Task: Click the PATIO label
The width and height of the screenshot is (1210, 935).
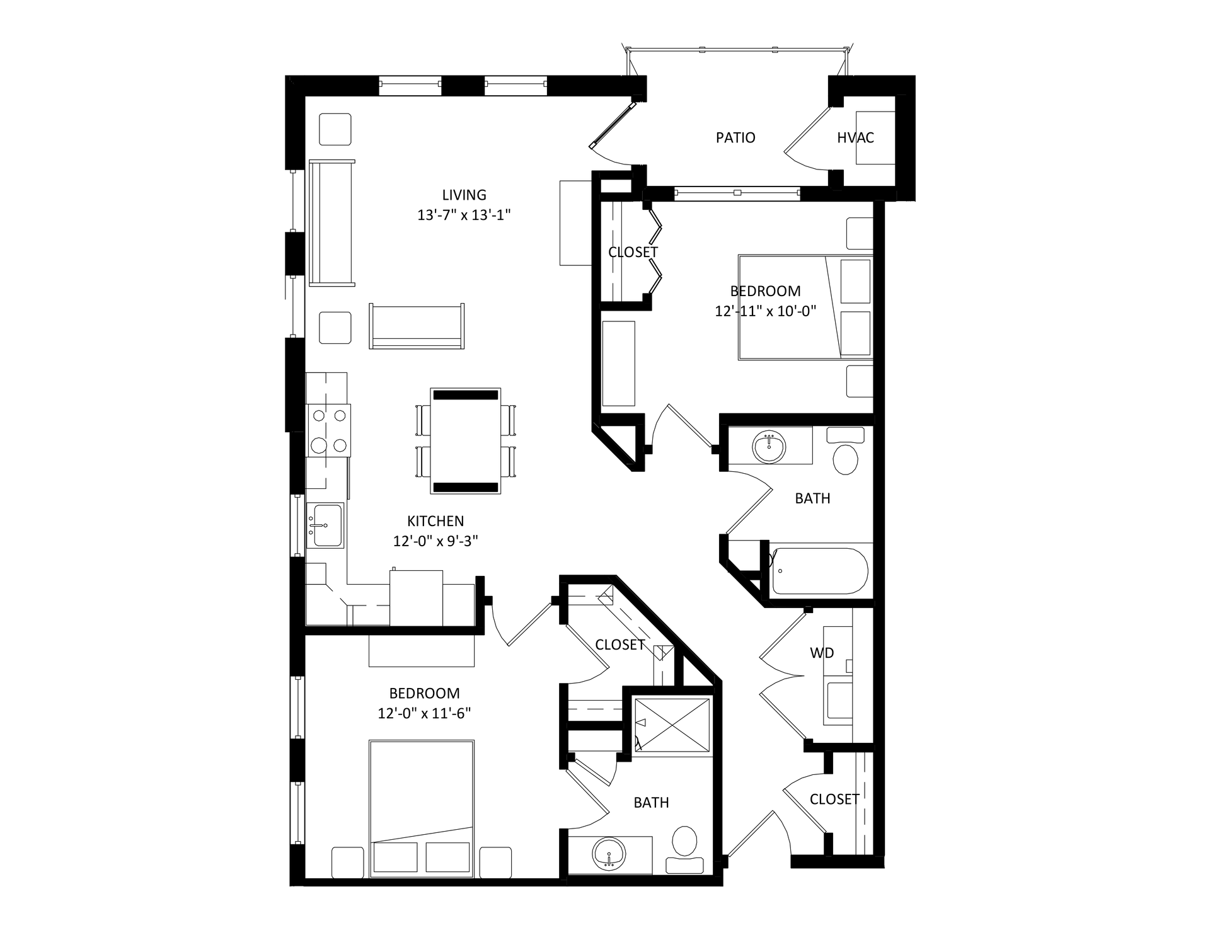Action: coord(735,137)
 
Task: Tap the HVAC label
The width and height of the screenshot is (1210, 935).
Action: coord(855,137)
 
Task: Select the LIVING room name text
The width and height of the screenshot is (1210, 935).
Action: coord(464,195)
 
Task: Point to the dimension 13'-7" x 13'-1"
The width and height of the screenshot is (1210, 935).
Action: coord(464,215)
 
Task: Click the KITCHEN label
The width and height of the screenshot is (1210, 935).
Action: coord(435,521)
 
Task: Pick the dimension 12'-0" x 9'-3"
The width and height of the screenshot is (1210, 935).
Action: coord(435,541)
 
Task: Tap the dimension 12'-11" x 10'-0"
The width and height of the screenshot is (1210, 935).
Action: coord(766,311)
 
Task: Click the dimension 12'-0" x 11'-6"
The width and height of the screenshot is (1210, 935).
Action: coord(424,713)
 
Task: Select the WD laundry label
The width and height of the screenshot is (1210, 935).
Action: coord(822,653)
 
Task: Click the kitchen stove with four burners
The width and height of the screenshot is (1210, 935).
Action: coord(329,430)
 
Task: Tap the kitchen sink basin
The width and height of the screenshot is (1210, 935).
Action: coord(325,525)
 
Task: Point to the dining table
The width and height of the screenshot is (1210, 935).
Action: coord(466,441)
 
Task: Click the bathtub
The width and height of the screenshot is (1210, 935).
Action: coord(820,571)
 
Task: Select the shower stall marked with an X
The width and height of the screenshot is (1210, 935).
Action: coord(672,725)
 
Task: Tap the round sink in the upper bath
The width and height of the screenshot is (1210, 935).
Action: coord(769,447)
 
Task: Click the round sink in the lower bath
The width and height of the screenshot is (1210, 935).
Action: coord(609,854)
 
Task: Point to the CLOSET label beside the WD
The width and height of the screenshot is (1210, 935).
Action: coord(834,799)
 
